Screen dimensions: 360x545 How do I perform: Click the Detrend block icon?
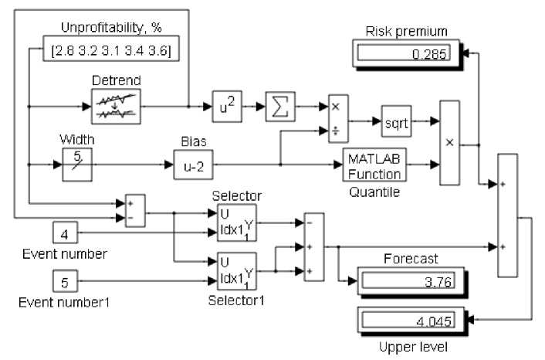[x=116, y=106]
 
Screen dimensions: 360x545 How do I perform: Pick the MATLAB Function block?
[x=374, y=165]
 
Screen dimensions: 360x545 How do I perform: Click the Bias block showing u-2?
[x=192, y=165]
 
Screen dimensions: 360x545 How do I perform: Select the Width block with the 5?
[x=77, y=165]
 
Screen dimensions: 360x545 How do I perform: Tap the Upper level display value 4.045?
[x=407, y=319]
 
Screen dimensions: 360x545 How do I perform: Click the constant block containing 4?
[x=65, y=232]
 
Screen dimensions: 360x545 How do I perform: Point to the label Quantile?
[x=374, y=192]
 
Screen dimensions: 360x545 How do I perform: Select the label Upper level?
[x=408, y=347]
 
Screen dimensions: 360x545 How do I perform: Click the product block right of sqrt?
[x=450, y=142]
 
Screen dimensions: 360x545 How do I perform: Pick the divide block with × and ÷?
[x=337, y=120]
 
